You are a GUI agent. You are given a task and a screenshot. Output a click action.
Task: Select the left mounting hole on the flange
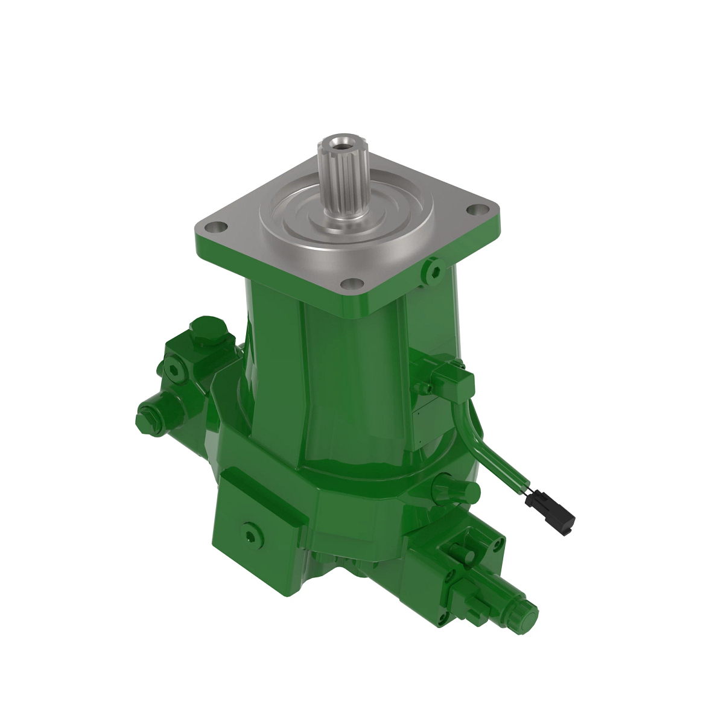pyautogui.click(x=215, y=228)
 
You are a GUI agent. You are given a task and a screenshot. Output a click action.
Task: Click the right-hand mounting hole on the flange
pyautogui.click(x=478, y=211)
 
